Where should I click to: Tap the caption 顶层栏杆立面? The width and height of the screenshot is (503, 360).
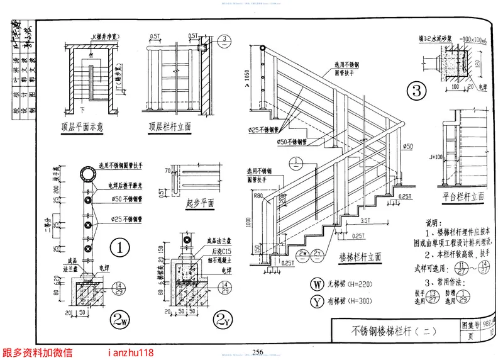click(x=170, y=126)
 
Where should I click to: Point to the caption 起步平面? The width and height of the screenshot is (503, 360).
click(x=200, y=203)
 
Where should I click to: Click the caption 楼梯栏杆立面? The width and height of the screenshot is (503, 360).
click(x=360, y=257)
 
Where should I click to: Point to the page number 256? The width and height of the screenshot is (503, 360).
click(x=257, y=351)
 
